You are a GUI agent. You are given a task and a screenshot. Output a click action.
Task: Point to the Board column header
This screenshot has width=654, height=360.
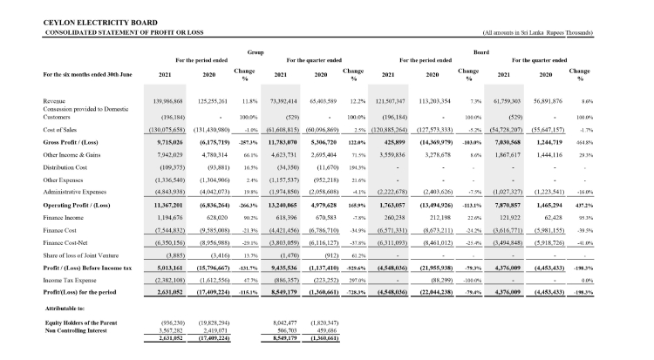tap(480, 51)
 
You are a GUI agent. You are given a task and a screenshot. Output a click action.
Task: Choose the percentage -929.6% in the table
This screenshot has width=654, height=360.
tap(353, 245)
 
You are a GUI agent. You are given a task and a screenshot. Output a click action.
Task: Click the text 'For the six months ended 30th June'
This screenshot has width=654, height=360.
tap(90, 75)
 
